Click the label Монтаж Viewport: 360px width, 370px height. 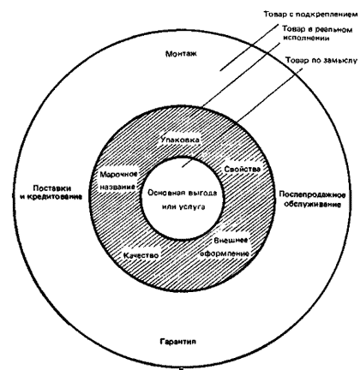pos(181,54)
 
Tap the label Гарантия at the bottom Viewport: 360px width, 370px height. pos(178,342)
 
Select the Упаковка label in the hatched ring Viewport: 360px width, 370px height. pos(180,140)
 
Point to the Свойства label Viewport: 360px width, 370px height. pos(243,169)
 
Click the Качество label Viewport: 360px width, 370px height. pos(141,255)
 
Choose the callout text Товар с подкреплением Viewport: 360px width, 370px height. pos(310,15)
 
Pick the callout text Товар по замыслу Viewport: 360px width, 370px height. pos(321,61)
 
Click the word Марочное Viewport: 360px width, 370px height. pos(119,174)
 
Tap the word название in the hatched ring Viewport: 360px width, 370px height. pos(117,188)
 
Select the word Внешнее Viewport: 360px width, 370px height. pos(231,241)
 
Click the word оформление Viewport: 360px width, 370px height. pos(225,254)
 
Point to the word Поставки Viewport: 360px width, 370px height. pos(52,188)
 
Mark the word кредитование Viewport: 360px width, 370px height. pos(55,197)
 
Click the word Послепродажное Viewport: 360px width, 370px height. pos(312,195)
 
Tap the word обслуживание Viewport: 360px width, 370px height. pos(313,205)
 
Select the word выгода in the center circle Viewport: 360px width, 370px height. pos(201,194)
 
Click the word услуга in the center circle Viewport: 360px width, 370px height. pos(192,207)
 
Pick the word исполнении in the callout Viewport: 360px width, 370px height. pos(307,38)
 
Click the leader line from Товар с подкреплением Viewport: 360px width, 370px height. pos(249,47)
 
